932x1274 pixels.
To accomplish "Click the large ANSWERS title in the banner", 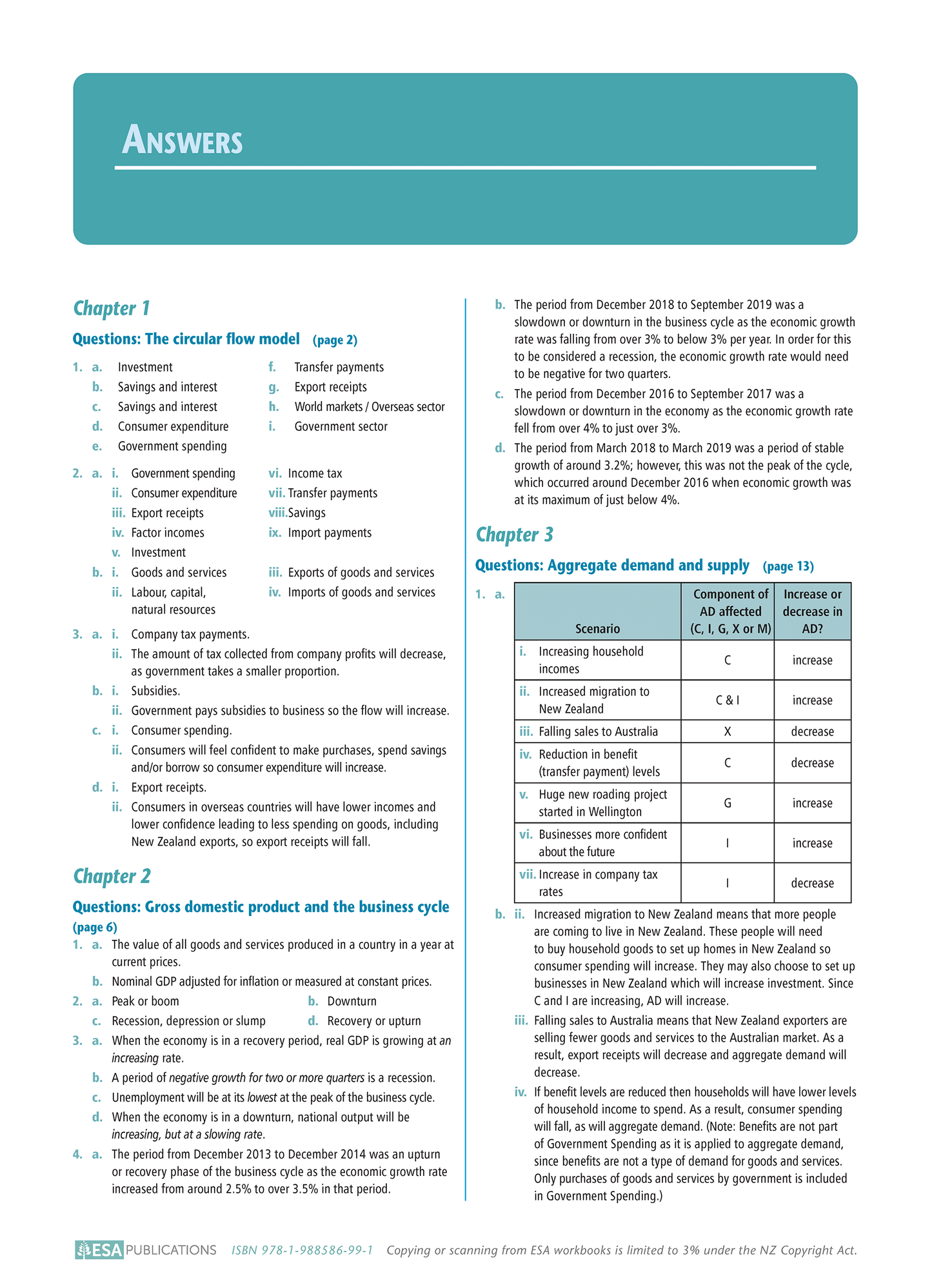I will [x=183, y=140].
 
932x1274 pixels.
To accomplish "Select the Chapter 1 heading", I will [x=112, y=308].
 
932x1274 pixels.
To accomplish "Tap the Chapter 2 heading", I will [x=112, y=876].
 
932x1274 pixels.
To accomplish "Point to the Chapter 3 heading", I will [x=514, y=535].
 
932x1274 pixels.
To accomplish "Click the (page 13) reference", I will [x=788, y=566].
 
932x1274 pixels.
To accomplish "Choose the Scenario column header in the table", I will [x=597, y=628].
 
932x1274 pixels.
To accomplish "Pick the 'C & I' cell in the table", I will [x=727, y=700].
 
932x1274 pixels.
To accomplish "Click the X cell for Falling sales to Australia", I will [x=727, y=732].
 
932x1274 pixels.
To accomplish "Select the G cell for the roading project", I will [x=727, y=803].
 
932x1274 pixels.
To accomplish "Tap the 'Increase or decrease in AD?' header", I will [x=812, y=611].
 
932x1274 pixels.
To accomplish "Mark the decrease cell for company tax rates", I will [x=812, y=883].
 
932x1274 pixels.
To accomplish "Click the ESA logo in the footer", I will [x=99, y=1249].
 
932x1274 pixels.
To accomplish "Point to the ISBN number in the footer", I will [x=302, y=1250].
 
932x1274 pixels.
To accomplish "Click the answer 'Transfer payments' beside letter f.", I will [x=339, y=367].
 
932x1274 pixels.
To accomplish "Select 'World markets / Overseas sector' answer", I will [x=370, y=407].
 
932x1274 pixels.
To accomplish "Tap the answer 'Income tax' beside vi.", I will [x=315, y=473].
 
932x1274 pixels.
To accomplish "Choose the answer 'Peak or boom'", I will [x=145, y=1001].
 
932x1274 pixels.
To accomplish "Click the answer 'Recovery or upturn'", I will [x=373, y=1021].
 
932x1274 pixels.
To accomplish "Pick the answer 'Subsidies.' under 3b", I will [x=155, y=691].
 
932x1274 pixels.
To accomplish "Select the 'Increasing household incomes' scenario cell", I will [x=590, y=660].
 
